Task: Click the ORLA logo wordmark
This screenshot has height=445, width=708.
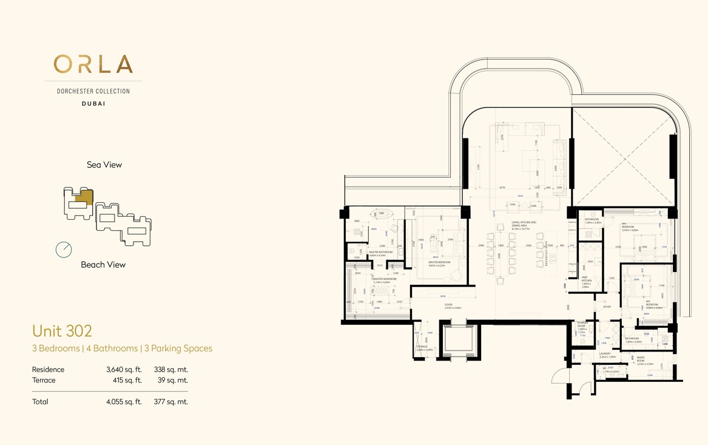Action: point(93,64)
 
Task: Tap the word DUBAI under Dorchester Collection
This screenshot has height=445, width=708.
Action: point(93,104)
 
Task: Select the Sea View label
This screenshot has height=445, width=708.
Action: point(104,165)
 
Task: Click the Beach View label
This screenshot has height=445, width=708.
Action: point(103,265)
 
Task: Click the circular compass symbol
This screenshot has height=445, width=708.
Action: point(64,250)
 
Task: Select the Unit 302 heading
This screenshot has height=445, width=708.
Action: point(62,331)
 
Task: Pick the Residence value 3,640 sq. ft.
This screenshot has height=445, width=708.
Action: point(124,369)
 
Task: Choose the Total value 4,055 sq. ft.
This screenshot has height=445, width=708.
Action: point(124,401)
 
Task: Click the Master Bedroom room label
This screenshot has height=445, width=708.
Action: point(439,263)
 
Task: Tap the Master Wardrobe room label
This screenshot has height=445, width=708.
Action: point(385,280)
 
